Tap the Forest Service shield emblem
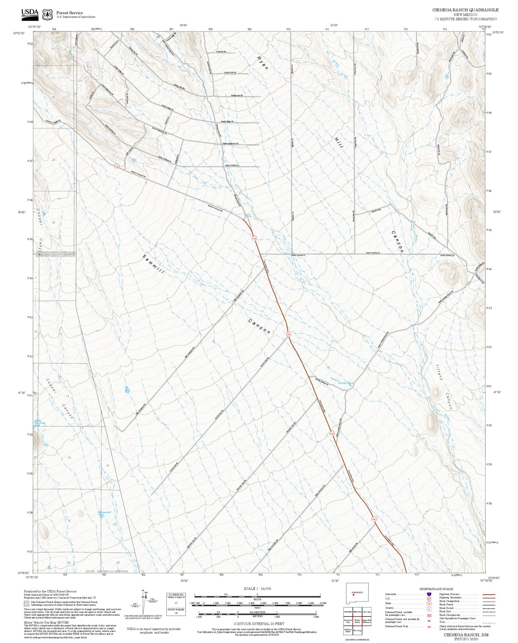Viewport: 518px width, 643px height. [x=47, y=14]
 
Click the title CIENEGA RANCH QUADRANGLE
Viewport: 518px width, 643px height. [x=465, y=10]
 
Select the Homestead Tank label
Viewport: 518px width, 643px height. [x=105, y=513]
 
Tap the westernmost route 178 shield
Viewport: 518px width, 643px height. [x=117, y=167]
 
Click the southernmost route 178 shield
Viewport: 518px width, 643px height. [x=374, y=519]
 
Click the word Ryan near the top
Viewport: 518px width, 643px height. [x=262, y=62]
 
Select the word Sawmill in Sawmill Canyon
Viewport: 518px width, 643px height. [x=153, y=264]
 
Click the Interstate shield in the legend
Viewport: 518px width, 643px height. [x=429, y=594]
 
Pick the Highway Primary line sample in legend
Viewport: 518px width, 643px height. [x=489, y=595]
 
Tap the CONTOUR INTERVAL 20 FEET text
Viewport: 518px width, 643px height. [x=259, y=624]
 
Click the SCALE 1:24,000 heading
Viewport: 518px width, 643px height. [x=257, y=589]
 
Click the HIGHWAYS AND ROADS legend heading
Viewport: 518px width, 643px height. [x=437, y=589]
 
